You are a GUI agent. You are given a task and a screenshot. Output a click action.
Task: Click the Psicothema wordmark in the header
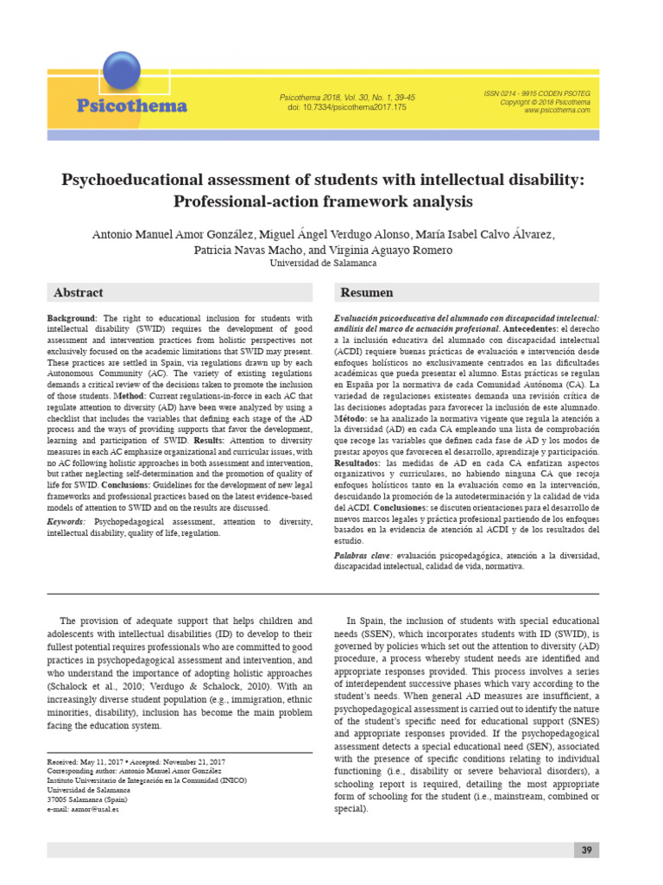click(x=131, y=106)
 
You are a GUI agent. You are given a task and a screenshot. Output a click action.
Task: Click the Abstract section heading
click(x=79, y=293)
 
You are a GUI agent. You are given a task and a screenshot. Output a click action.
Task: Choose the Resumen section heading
click(x=367, y=293)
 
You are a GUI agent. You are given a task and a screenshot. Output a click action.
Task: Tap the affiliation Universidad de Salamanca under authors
click(x=324, y=264)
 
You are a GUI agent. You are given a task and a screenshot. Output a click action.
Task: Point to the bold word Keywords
click(x=66, y=523)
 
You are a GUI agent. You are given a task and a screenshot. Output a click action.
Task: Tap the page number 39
click(x=586, y=850)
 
